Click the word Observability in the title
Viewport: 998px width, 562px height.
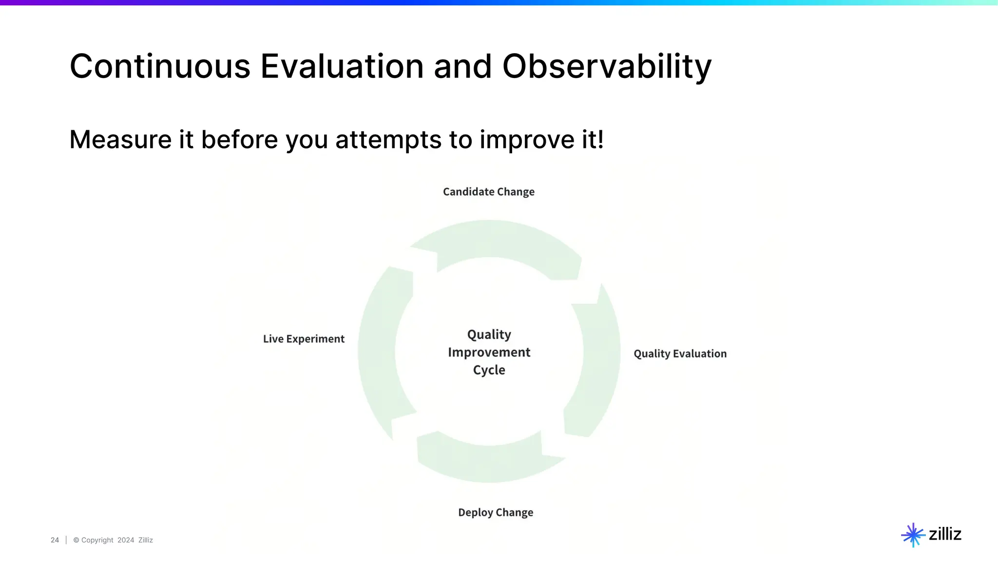point(607,67)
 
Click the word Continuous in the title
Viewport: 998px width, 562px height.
point(160,67)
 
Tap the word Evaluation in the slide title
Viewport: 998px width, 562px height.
point(342,67)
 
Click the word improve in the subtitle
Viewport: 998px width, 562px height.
point(527,140)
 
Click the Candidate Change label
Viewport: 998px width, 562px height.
point(488,192)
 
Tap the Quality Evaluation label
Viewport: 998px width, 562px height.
point(680,354)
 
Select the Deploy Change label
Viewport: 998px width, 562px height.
point(496,512)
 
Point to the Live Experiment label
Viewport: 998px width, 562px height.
point(304,339)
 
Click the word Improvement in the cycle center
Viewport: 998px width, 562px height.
point(489,352)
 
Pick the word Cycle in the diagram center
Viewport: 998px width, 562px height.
point(489,370)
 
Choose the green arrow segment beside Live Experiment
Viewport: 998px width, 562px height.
point(380,351)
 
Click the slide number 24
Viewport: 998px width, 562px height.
point(55,540)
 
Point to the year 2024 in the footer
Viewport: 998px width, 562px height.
point(126,540)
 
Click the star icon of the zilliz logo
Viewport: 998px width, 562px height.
point(912,535)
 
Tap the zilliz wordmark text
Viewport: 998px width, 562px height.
point(945,534)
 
